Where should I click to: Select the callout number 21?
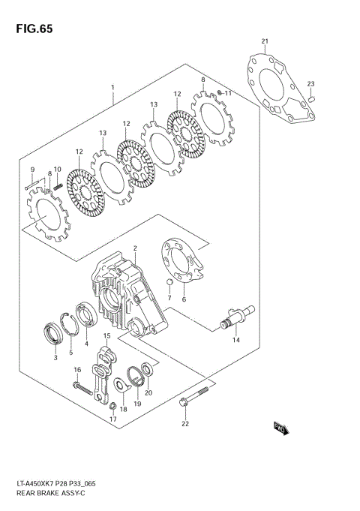pos(264,41)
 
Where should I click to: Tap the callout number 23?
pos(310,83)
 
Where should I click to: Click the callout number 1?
pos(112,88)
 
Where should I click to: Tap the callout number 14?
pos(235,340)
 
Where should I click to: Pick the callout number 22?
pos(185,424)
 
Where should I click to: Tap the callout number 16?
pos(76,370)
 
